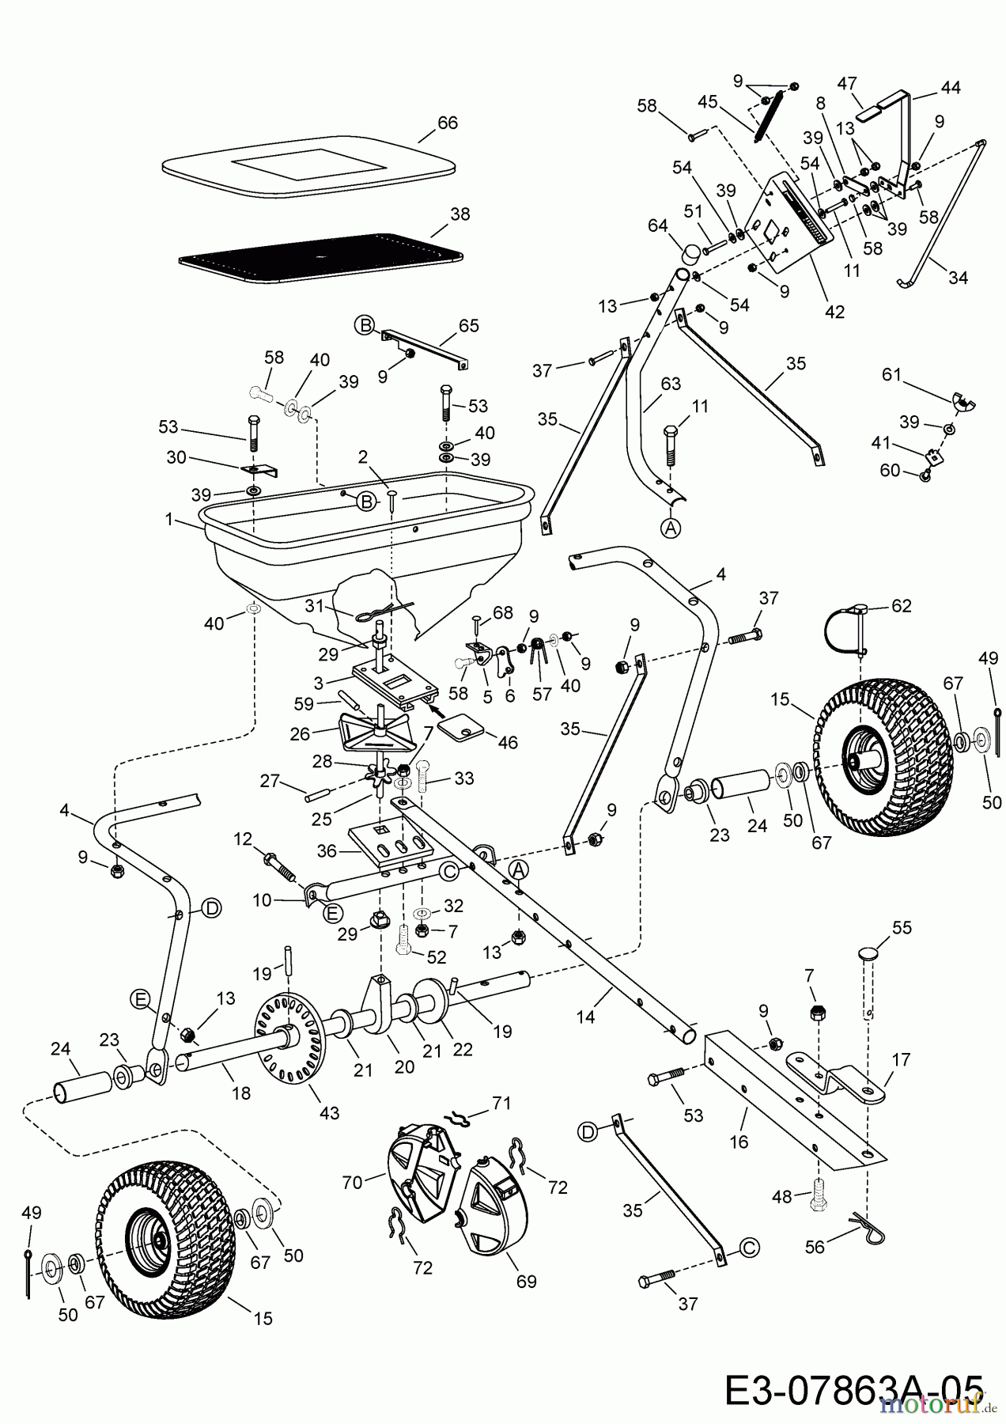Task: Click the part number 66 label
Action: [448, 123]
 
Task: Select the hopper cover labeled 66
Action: [308, 168]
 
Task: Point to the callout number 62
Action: [902, 606]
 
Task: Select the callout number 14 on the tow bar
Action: [585, 1017]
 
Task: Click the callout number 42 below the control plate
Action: [834, 312]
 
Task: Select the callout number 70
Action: [352, 1182]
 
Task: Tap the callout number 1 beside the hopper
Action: [169, 519]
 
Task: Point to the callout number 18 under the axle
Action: [240, 1093]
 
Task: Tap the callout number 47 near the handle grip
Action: [847, 83]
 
